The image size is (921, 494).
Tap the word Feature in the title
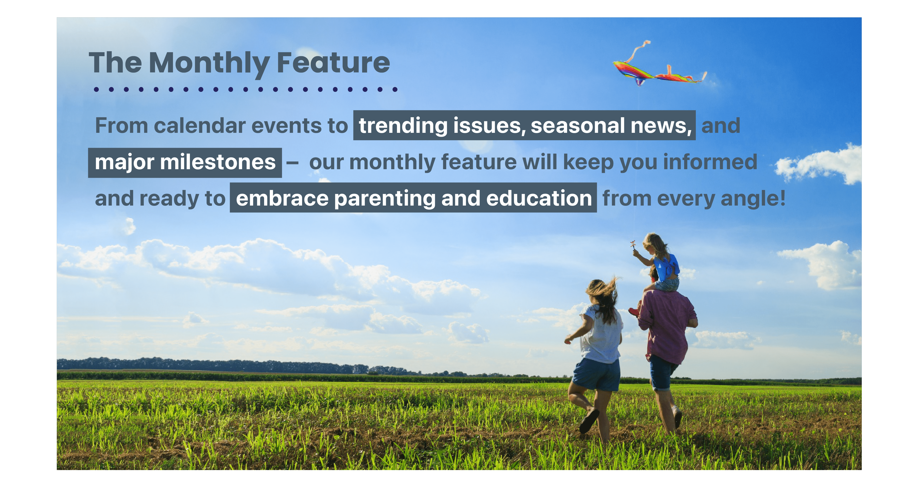pyautogui.click(x=333, y=63)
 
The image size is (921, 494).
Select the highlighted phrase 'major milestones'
pyautogui.click(x=185, y=163)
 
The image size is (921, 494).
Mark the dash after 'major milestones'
pyautogui.click(x=292, y=163)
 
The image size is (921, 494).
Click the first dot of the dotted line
pyautogui.click(x=96, y=89)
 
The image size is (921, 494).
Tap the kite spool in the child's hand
pyautogui.click(x=633, y=245)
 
